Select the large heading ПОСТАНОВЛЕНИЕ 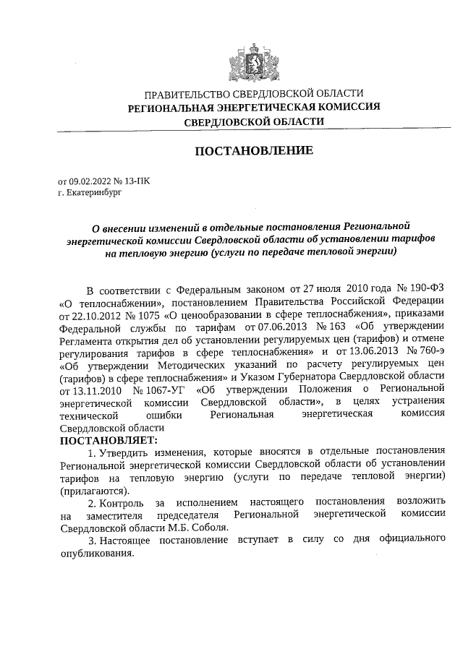[x=253, y=151]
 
